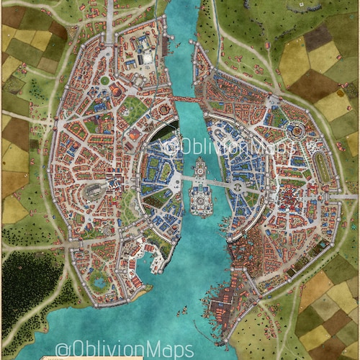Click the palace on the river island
tap(200, 197)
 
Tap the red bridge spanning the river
tap(183, 99)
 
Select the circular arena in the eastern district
tap(295, 131)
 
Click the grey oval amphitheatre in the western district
tap(92, 191)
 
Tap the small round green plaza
tap(104, 81)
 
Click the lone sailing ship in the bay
tap(184, 312)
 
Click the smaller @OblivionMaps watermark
tap(230, 148)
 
